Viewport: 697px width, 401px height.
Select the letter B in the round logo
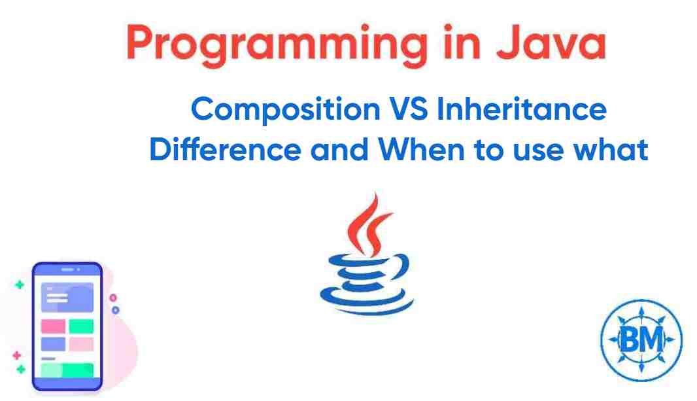pos(632,340)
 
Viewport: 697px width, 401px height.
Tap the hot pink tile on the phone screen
pos(53,326)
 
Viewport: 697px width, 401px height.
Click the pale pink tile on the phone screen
pos(81,343)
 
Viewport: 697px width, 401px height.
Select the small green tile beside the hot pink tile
pos(81,326)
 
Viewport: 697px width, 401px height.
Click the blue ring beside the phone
pos(115,311)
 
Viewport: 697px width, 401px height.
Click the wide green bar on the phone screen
pos(67,370)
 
